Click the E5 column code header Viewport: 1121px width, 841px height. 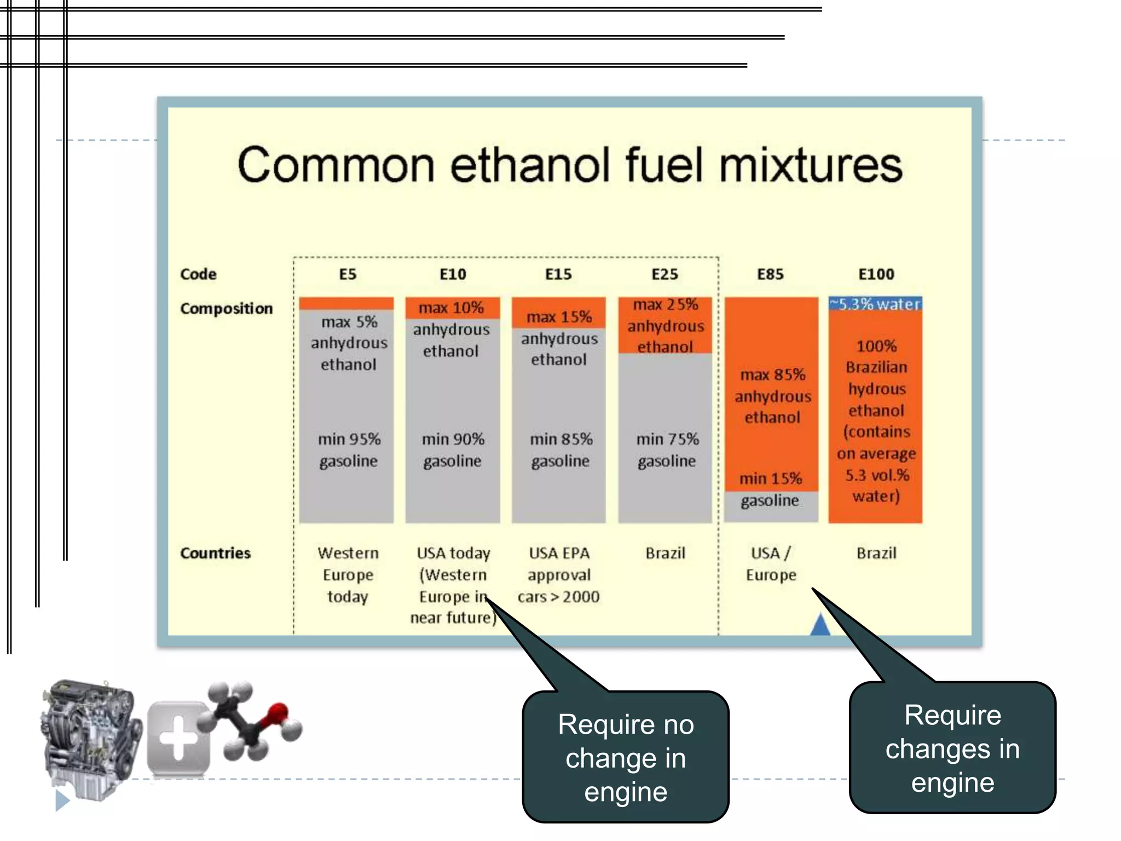point(348,274)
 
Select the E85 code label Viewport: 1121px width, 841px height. point(770,274)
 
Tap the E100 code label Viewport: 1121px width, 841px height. point(876,274)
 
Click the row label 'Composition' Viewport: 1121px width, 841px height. point(226,309)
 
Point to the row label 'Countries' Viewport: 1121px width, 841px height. point(215,553)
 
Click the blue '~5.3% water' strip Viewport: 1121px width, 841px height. point(875,304)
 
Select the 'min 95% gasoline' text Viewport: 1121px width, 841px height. point(349,450)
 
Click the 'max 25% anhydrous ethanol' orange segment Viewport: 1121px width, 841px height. point(665,326)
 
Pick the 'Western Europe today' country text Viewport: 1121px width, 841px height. point(348,574)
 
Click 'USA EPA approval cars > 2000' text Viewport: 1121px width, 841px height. point(559,574)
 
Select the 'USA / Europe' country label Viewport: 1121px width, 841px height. point(771,563)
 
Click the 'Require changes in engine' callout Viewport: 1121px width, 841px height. point(952,748)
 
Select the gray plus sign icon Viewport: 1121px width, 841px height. point(178,739)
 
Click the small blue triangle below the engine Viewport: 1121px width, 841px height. point(62,800)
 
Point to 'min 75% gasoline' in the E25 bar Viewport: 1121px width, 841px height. point(667,450)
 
